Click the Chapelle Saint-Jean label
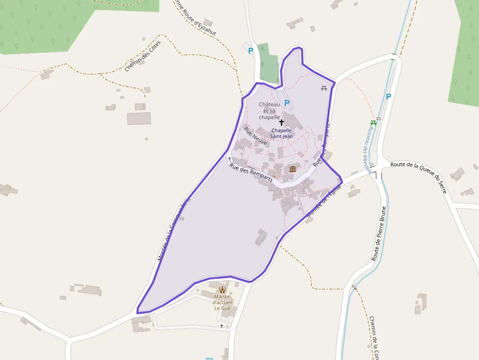point(282,133)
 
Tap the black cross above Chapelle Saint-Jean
point(282,122)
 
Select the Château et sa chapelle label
point(269,111)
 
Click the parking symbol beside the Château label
point(287,103)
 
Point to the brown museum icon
point(293,169)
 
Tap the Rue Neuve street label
point(256,137)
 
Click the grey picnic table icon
point(324,88)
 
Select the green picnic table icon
point(373,123)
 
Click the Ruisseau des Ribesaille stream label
point(366,147)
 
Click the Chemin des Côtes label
point(142,56)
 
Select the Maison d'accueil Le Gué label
point(222,302)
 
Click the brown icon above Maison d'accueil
point(222,290)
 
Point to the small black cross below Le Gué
point(221,326)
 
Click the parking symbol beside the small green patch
point(251,50)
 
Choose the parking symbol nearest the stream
point(389,97)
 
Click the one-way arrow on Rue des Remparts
point(230,159)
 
